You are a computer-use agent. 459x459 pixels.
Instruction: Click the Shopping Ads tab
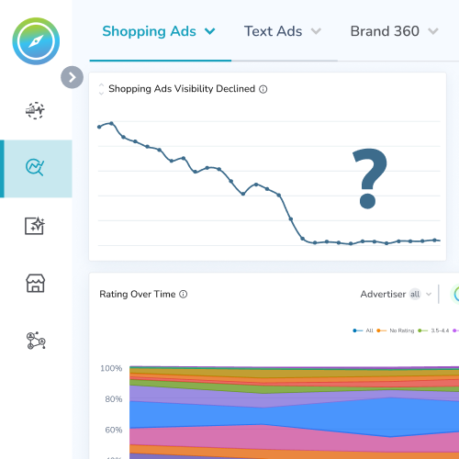(x=158, y=31)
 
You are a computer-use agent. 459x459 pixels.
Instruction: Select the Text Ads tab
(x=281, y=31)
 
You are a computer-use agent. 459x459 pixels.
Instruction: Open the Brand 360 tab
(x=393, y=31)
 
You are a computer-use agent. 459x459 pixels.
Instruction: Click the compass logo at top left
(x=36, y=41)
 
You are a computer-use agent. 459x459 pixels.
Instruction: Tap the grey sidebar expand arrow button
(x=72, y=77)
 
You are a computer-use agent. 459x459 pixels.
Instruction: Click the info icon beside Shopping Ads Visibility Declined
(x=263, y=89)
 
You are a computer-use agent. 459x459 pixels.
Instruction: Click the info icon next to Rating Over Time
(x=184, y=295)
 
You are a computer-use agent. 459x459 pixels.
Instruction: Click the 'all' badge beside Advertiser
(x=415, y=294)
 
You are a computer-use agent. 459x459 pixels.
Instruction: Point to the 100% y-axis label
(x=110, y=368)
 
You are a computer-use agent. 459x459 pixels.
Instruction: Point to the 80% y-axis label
(x=112, y=399)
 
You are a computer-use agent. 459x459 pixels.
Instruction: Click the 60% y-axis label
(x=112, y=430)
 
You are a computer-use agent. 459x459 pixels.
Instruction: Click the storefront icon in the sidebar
(x=36, y=283)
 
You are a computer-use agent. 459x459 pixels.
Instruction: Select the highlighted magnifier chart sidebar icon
(x=36, y=168)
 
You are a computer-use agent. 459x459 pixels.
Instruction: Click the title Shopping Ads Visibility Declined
(x=182, y=89)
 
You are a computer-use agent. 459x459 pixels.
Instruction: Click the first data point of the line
(x=98, y=126)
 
